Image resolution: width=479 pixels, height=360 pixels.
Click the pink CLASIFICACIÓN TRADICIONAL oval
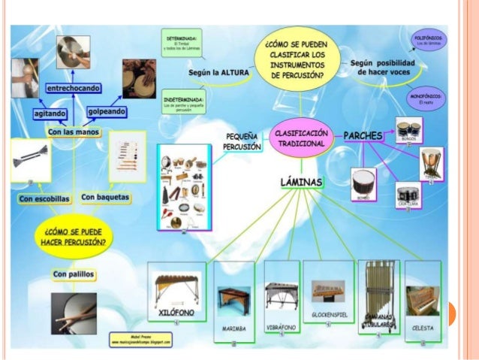[x=300, y=136]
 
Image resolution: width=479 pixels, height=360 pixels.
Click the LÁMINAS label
[x=301, y=182]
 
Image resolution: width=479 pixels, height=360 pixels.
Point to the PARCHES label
[x=363, y=135]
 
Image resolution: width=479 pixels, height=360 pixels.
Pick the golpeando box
[x=106, y=111]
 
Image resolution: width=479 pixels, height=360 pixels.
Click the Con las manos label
[x=73, y=132]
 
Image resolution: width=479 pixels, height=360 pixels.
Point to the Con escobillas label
[x=44, y=198]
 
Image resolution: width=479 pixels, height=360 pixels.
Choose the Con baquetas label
[x=105, y=197]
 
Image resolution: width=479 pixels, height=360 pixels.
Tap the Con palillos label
[x=74, y=274]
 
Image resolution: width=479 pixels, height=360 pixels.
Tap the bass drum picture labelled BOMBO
[x=364, y=183]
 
